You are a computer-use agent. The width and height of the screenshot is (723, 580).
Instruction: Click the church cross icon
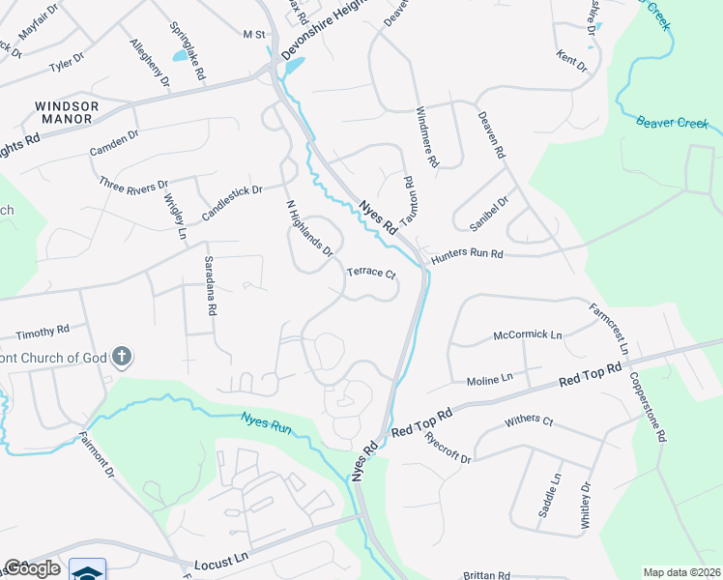pos(122,358)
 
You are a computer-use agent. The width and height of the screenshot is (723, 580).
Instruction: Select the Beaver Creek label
pos(673,123)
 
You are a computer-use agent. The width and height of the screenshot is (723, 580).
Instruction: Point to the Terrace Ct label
pos(372,274)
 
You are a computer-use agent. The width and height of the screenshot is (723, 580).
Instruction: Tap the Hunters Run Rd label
pos(468,254)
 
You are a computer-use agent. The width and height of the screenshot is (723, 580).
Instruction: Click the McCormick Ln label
pos(528,335)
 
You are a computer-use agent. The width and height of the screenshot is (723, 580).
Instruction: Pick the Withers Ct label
pos(529,421)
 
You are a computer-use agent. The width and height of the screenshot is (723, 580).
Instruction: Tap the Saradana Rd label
pos(209,286)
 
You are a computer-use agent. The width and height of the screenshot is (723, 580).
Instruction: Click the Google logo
pos(32,568)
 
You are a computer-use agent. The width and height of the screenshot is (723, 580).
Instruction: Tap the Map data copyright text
pos(681,572)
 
